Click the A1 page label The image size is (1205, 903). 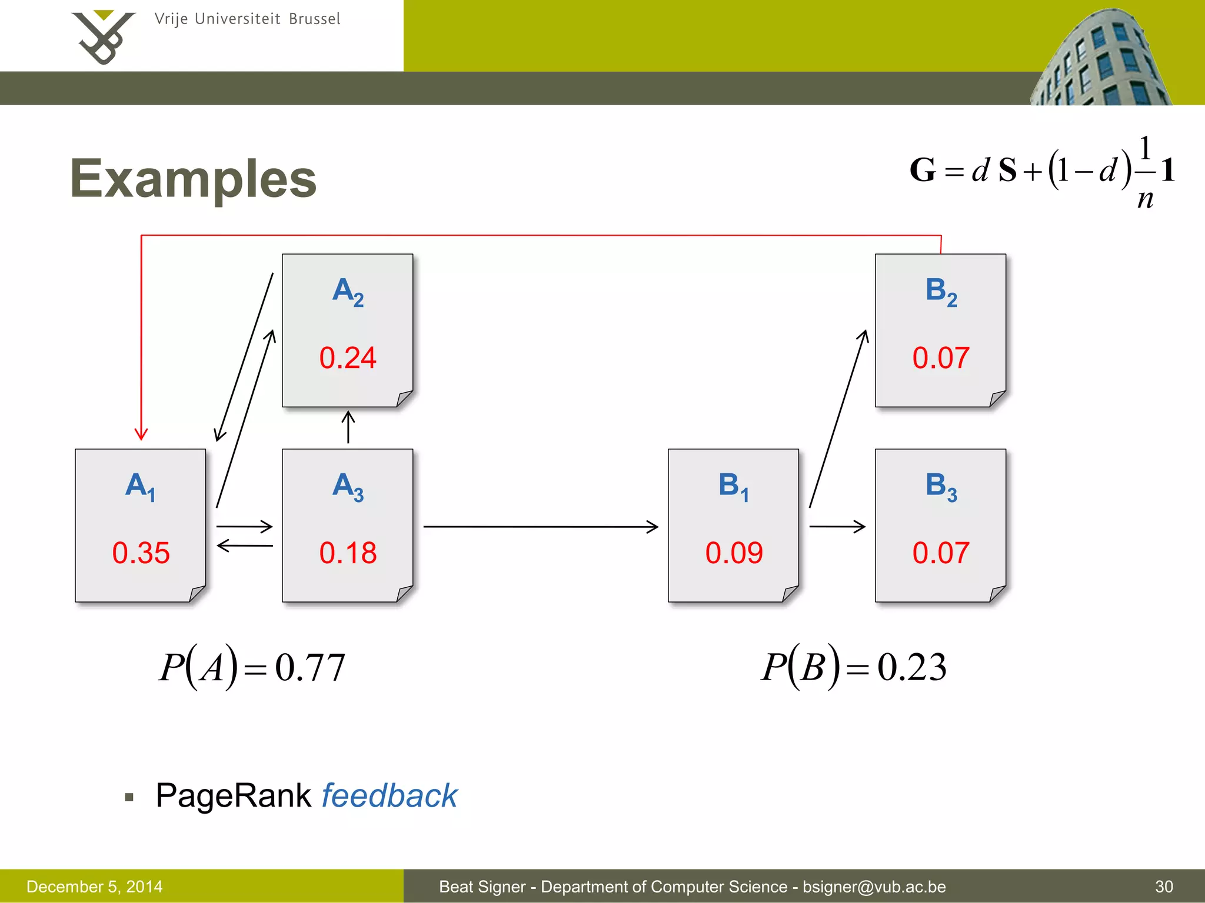point(141,487)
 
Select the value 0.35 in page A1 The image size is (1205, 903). point(141,553)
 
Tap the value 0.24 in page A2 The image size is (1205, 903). point(348,358)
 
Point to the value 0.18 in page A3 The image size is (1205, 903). point(348,553)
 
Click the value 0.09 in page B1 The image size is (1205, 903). point(734,553)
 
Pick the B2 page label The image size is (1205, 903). point(941,292)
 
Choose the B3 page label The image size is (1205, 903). point(941,487)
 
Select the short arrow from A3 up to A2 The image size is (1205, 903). point(348,426)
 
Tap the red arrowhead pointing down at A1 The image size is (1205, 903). point(141,434)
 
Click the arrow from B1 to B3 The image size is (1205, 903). point(837,526)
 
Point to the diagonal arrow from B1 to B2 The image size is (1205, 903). point(838,419)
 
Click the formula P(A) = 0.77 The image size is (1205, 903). point(252,667)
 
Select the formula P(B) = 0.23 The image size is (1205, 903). point(854,667)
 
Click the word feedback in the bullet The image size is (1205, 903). point(389,796)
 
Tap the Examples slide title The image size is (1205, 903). point(193,179)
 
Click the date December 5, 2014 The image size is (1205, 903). point(94,887)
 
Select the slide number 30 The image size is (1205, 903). point(1164,887)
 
